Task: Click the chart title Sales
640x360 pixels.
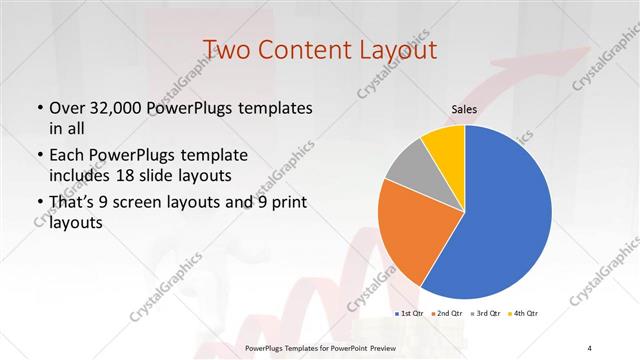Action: click(464, 110)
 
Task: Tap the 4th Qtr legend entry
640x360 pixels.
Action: click(523, 314)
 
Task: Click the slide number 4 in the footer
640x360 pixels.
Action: click(590, 347)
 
